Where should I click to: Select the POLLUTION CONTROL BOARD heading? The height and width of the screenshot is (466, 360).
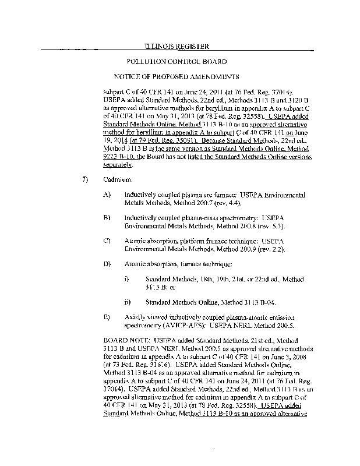177,61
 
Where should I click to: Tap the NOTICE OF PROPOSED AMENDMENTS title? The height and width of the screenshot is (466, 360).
176,76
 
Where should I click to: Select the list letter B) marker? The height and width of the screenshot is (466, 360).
107,217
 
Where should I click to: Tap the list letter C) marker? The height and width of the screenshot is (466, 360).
107,240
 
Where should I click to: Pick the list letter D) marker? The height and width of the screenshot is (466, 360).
107,264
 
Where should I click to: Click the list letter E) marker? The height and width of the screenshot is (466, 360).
107,317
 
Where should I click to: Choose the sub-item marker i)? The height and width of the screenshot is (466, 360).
127,280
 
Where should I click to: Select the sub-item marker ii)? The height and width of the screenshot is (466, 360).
128,302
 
